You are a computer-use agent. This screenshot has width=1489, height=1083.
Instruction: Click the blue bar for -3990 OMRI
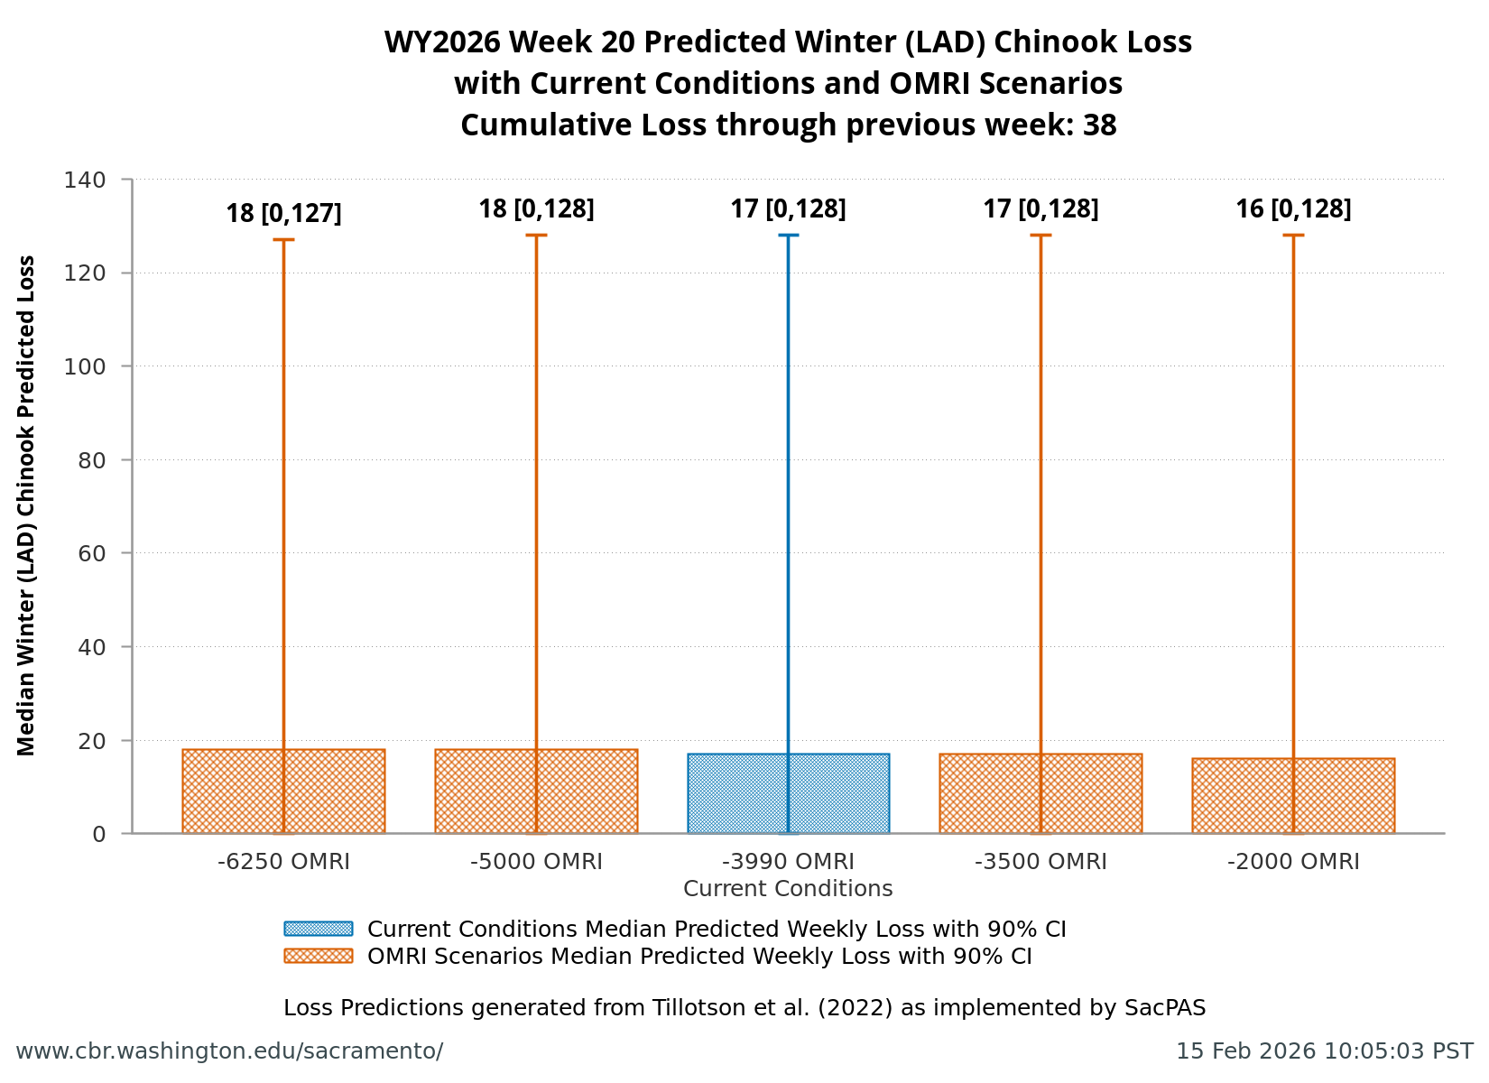pos(749,794)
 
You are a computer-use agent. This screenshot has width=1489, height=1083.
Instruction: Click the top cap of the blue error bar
pos(788,235)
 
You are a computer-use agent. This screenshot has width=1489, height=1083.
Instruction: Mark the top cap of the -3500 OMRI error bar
pos(1040,235)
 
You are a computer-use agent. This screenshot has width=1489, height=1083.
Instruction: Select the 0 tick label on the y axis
pos(98,834)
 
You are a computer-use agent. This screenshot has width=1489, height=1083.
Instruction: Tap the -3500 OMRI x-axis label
pos(1040,862)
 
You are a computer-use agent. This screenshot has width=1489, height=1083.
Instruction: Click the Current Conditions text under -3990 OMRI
pos(788,889)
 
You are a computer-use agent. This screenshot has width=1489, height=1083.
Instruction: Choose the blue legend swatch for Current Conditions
pos(318,929)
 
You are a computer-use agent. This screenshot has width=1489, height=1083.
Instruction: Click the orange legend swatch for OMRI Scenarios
pos(318,956)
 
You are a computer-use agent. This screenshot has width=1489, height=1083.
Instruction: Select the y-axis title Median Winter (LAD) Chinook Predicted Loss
pos(26,505)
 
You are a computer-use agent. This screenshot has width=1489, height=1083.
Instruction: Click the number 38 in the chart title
pos(1099,125)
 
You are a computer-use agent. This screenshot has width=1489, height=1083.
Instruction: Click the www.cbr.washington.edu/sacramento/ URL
pos(229,1051)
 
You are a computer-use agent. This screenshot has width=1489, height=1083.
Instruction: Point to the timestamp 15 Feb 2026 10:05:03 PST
pos(1324,1051)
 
